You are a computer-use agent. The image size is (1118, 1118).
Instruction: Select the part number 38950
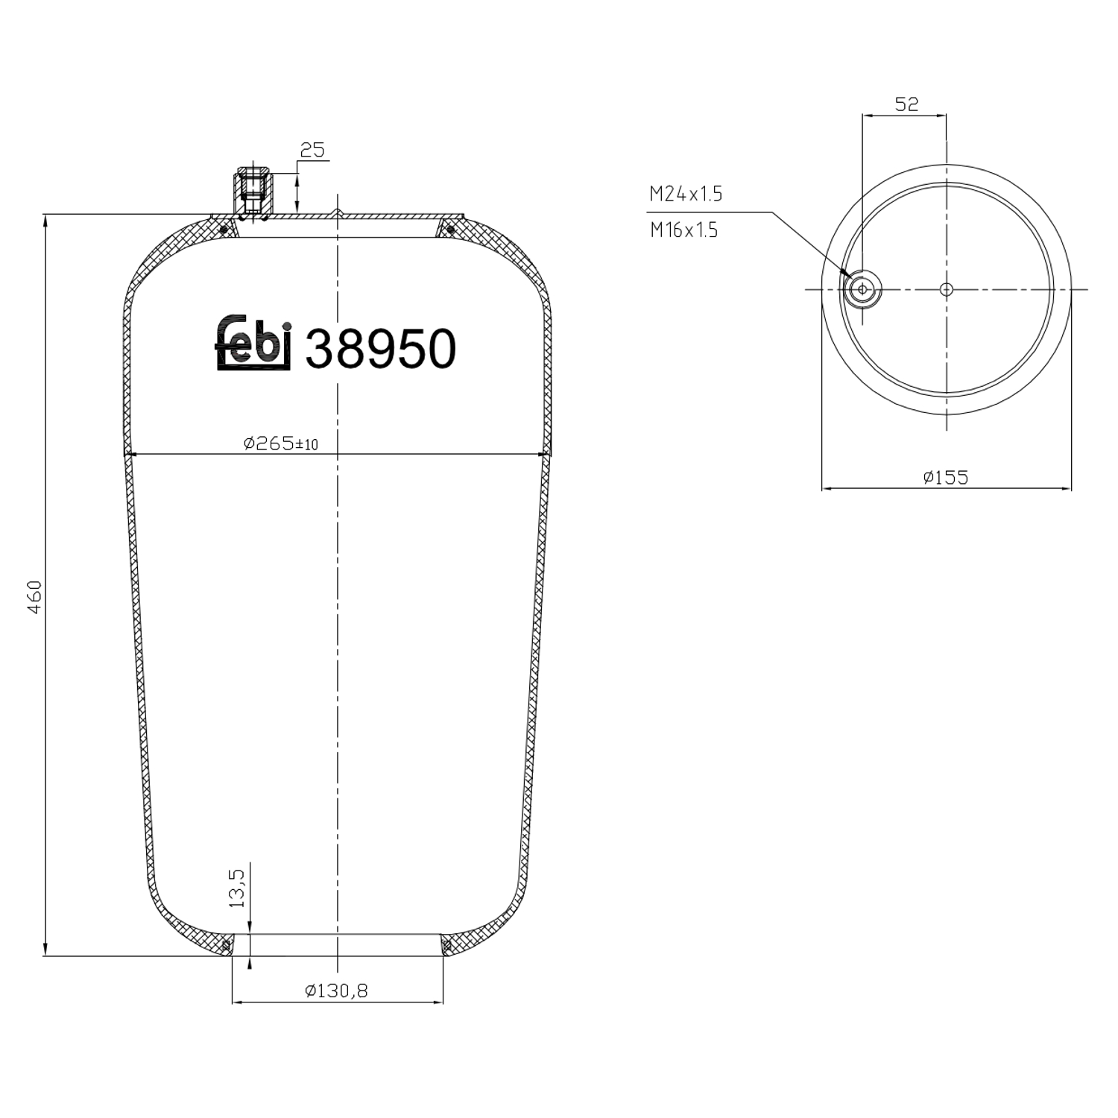coord(380,349)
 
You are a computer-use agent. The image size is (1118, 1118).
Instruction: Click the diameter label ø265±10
coord(280,443)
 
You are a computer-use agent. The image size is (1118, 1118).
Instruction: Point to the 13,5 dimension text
coord(237,887)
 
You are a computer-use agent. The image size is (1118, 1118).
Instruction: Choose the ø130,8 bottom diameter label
coord(336,991)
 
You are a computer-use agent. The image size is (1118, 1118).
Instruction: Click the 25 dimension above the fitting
coord(312,150)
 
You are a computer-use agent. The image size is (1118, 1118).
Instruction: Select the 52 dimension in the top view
coord(906,104)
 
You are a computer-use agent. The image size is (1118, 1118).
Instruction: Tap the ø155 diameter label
coord(945,477)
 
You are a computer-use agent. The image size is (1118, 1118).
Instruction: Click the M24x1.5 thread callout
coord(686,195)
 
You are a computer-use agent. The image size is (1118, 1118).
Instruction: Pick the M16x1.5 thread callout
coord(683,230)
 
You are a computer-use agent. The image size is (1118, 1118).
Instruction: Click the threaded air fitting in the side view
coord(254,191)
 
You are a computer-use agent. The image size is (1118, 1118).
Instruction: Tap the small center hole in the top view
coord(947,289)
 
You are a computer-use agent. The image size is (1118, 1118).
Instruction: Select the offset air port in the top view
coord(862,289)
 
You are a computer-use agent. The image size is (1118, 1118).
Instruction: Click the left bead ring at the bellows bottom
coord(227,946)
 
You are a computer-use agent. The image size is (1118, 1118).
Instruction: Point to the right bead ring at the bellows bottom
coord(446,946)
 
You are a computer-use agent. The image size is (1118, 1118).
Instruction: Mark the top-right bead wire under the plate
coord(450,229)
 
